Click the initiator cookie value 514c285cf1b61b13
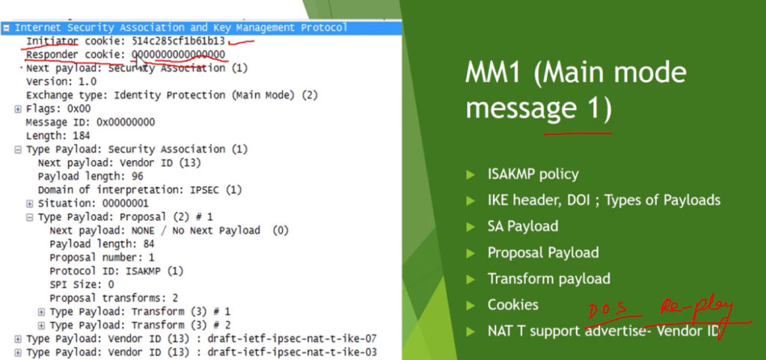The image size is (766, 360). [178, 41]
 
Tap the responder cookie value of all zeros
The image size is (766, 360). [178, 55]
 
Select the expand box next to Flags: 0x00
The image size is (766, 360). [18, 109]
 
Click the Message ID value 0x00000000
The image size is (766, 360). [126, 122]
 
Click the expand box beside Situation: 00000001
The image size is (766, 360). [30, 204]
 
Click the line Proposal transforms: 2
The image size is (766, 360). [114, 298]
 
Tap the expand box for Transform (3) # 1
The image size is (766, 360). [42, 311]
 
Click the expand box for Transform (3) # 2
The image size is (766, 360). [42, 326]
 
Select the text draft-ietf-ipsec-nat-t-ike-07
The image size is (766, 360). [292, 338]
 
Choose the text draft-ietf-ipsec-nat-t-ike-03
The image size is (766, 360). [292, 353]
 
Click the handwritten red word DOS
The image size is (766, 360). [607, 311]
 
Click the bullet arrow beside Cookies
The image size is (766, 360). [471, 306]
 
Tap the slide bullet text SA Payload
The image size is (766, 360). [523, 226]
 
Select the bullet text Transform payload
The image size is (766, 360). [548, 279]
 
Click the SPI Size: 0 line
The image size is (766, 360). [82, 284]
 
